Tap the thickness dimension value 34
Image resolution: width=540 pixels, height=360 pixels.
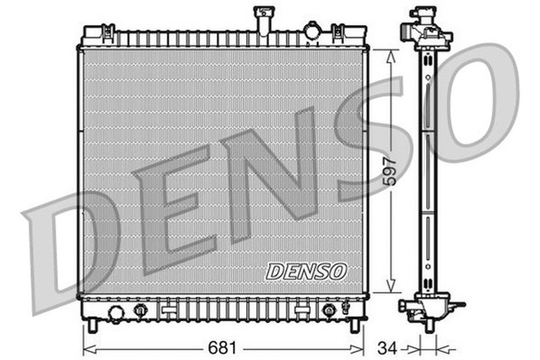386,347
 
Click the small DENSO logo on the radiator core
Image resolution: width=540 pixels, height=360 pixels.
305,271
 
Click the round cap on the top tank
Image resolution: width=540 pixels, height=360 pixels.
315,33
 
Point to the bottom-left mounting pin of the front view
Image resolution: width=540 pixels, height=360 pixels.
92,325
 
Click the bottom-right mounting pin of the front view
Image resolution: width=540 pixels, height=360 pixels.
354,325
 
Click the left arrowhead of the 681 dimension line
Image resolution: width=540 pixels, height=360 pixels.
86,347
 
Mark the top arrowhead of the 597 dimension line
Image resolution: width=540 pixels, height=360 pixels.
389,53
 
